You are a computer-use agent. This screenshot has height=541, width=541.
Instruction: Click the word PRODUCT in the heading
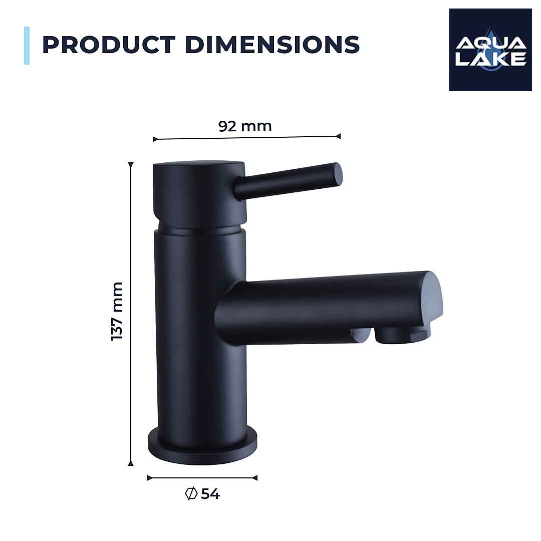tap(109, 45)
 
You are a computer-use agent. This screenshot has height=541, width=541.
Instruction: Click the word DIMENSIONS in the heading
tap(273, 45)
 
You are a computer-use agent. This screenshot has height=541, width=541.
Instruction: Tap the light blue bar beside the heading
tap(27, 46)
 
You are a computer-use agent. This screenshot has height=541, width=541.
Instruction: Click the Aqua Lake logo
tap(490, 50)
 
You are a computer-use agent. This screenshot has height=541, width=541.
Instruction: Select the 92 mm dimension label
tap(245, 126)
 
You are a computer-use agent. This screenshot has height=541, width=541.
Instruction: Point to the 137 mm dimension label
tap(117, 311)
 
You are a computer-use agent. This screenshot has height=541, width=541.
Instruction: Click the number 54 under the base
tap(210, 494)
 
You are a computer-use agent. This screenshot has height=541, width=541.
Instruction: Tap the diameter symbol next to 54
tap(190, 494)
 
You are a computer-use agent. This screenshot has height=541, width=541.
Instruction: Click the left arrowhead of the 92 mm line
tap(155, 139)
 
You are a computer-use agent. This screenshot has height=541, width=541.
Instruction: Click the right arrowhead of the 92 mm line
tap(338, 136)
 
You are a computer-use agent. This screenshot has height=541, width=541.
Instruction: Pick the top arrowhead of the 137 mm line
tap(131, 165)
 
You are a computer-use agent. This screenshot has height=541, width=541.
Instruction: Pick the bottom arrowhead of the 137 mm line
tap(131, 463)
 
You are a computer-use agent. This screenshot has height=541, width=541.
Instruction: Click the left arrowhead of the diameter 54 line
tap(150, 478)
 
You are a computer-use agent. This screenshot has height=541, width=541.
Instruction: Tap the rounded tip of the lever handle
tap(338, 173)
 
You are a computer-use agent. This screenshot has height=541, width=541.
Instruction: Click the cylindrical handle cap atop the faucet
tap(199, 193)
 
